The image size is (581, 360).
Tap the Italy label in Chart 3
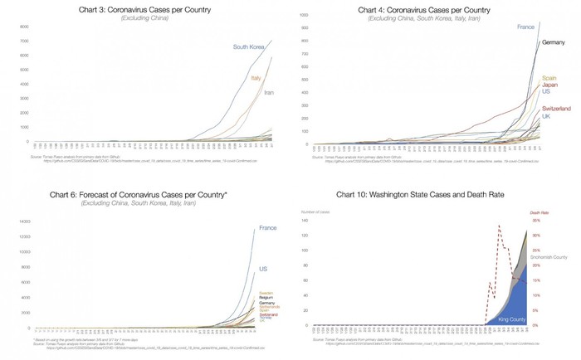pos(256,78)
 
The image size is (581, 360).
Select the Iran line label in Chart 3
pos(269,92)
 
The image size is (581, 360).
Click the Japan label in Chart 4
pos(550,85)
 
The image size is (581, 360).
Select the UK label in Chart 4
pos(547,116)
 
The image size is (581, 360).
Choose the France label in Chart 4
pos(525,27)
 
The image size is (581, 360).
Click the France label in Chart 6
pos(267,228)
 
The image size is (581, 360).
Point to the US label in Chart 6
pos(264,270)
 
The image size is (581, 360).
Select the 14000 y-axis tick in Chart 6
pos(24,221)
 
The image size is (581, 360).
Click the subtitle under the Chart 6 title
pos(150,203)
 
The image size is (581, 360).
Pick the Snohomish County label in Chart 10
pos(549,258)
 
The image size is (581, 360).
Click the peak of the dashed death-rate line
pos(499,226)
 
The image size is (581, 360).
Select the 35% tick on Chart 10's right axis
pos(537,221)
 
